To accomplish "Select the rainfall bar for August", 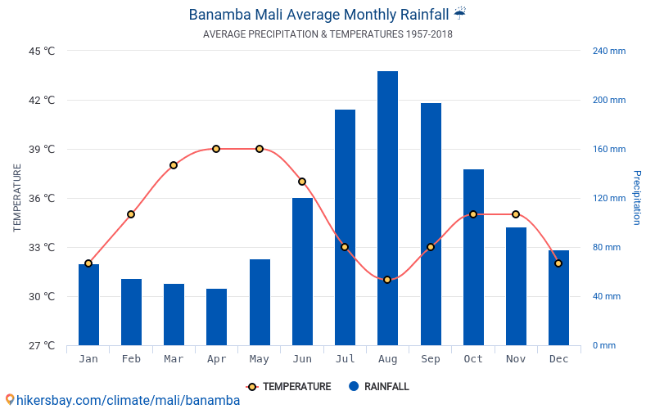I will (x=387, y=209).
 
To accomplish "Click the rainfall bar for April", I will (x=216, y=317).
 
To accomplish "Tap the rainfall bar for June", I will (x=302, y=272).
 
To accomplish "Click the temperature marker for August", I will (x=387, y=280).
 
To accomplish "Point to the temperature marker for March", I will (x=174, y=165).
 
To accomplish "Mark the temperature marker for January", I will (x=88, y=263).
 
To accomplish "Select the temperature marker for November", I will (x=516, y=214).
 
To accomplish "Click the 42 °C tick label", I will (x=38, y=101).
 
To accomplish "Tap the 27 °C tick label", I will (x=38, y=345).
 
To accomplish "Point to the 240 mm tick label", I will (x=608, y=51).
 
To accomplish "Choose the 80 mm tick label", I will (x=607, y=247).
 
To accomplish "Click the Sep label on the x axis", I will (x=430, y=359).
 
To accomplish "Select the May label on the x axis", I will (x=260, y=359).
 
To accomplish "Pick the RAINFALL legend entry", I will (x=378, y=387).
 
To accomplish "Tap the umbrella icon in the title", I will (x=460, y=13).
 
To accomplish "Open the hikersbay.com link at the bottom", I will (x=123, y=401).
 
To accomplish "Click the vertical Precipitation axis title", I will (x=636, y=198).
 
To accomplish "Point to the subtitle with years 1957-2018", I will (x=327, y=34).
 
